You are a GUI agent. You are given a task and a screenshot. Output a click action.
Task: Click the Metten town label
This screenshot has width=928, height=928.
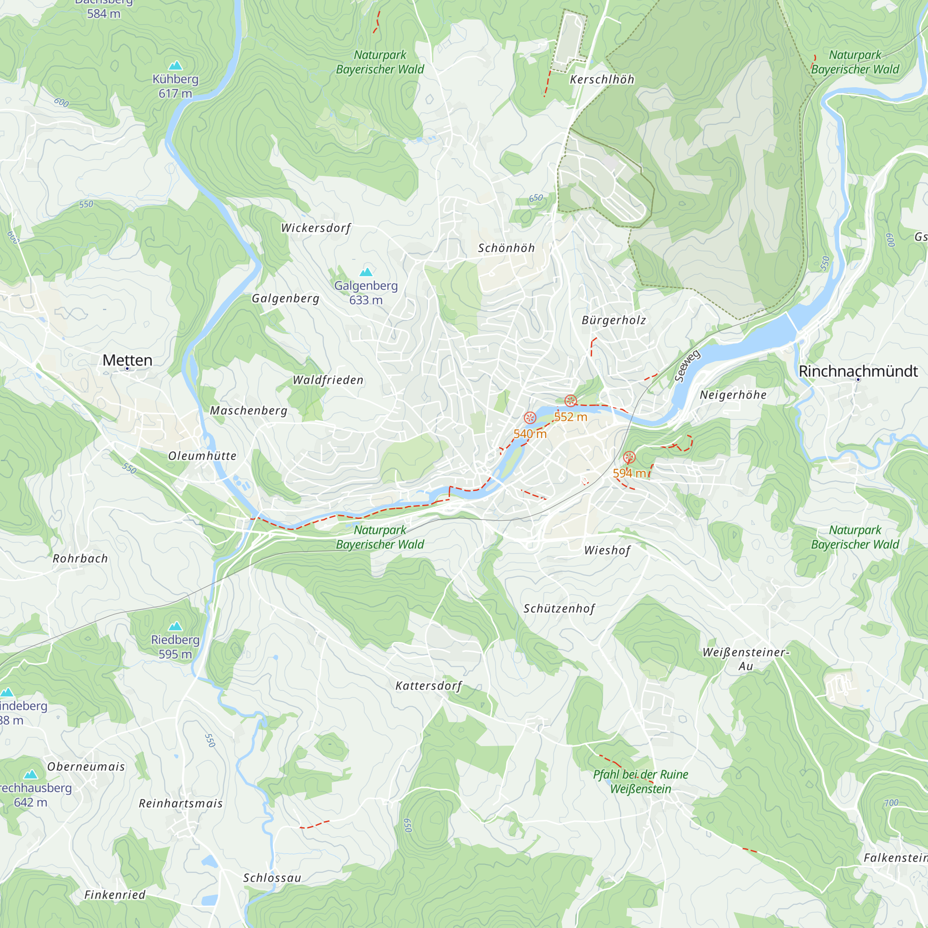(127, 360)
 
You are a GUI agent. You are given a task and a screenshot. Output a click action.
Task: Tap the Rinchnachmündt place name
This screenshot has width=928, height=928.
(858, 371)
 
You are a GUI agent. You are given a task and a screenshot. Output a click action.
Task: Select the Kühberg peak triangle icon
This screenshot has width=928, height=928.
(175, 65)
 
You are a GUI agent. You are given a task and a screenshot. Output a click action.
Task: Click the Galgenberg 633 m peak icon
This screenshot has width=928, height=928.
(366, 272)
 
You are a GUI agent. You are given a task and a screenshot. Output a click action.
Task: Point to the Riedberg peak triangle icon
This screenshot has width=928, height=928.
(175, 626)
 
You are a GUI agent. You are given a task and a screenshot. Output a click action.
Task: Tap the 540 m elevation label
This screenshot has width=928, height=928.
(530, 434)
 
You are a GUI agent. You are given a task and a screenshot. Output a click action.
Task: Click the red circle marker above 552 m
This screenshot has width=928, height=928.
(570, 400)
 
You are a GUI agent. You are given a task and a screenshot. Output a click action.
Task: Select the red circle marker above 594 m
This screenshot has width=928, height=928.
(629, 458)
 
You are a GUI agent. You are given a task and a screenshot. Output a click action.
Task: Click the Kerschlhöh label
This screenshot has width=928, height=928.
(602, 80)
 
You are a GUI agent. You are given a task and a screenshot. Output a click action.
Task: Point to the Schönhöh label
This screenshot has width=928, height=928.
(506, 248)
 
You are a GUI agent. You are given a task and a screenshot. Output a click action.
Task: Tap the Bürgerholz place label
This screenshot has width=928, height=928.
(614, 320)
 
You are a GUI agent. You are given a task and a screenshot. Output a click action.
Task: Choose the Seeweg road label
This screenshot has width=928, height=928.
(687, 366)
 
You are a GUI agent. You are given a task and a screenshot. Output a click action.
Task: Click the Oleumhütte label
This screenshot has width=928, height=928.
(202, 456)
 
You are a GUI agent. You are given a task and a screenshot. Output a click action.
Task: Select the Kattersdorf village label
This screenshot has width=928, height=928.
(428, 686)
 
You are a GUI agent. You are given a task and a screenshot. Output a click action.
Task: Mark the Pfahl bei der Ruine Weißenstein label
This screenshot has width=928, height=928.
(640, 781)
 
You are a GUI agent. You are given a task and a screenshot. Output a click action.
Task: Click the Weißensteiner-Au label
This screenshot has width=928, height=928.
(746, 659)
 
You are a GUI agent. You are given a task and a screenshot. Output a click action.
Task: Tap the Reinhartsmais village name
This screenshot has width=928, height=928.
(180, 804)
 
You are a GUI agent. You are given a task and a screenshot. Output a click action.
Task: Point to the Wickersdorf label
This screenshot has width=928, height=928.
(316, 228)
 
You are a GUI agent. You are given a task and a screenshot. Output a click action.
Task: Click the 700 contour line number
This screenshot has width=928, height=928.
(891, 803)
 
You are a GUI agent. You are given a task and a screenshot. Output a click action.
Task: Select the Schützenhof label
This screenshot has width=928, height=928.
(559, 609)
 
